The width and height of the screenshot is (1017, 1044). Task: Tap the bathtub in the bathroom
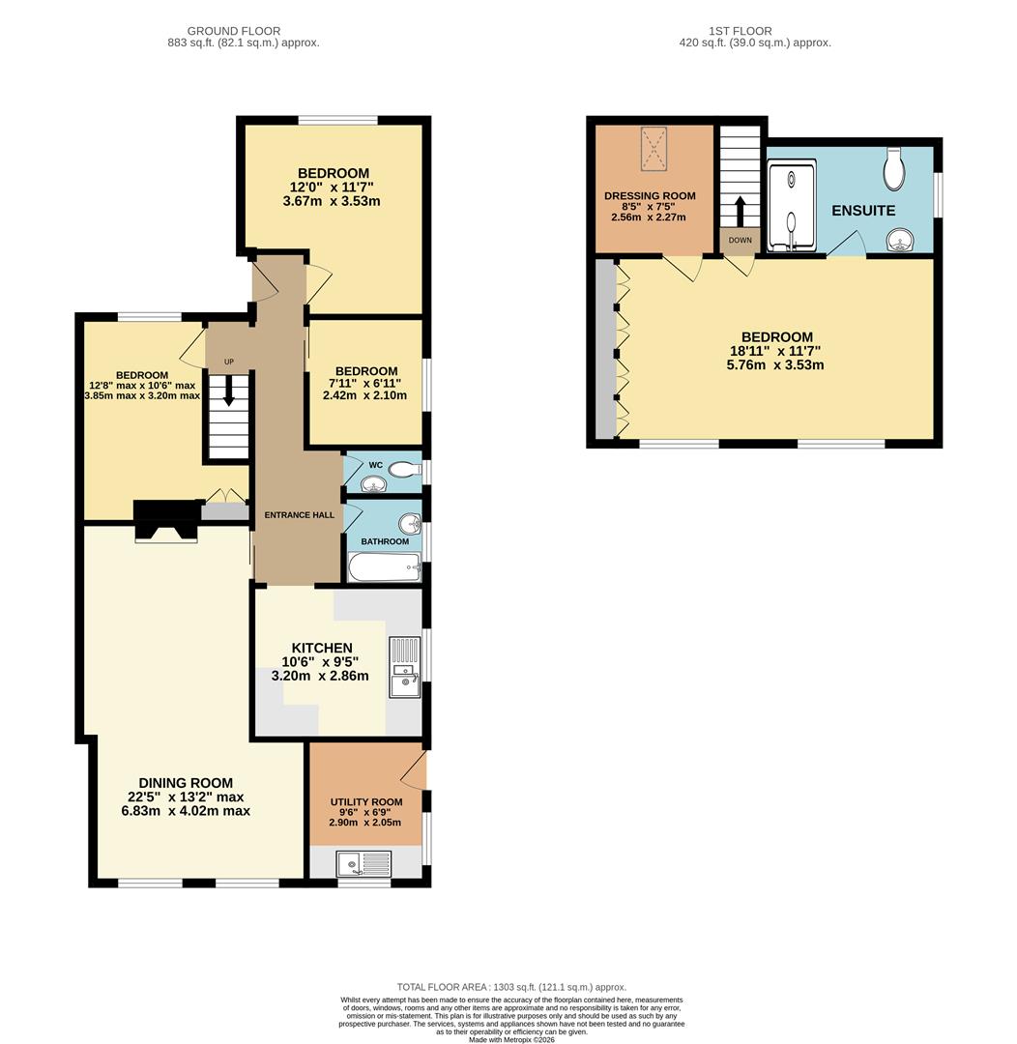(385, 567)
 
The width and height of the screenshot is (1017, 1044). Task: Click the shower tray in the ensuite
(792, 206)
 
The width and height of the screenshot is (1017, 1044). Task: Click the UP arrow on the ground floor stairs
(229, 391)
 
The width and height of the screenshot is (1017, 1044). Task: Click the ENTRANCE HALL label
(300, 515)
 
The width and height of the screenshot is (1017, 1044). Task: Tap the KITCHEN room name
(322, 648)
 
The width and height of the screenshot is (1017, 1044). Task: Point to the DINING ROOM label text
(186, 783)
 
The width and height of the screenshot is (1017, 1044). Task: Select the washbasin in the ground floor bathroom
(411, 524)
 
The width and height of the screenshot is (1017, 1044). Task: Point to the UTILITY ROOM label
(365, 802)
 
